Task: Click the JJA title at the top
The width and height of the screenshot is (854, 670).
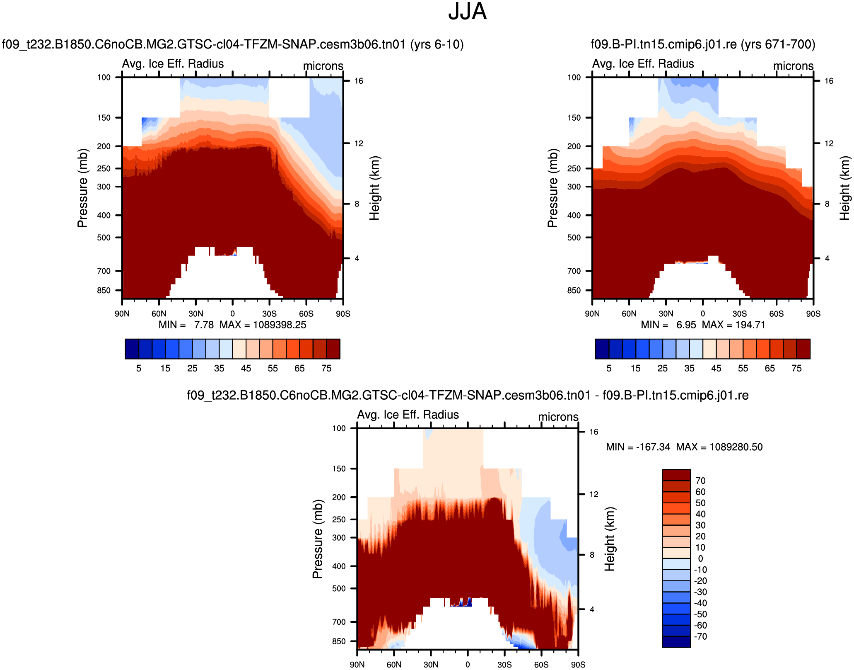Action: (467, 12)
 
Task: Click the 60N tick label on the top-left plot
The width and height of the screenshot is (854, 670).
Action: (159, 314)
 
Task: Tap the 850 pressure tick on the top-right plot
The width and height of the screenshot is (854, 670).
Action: (574, 291)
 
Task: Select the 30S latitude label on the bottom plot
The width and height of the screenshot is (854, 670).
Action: (504, 665)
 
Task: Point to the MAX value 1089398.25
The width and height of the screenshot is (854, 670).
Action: (280, 325)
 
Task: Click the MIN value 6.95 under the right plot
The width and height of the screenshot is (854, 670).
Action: (686, 325)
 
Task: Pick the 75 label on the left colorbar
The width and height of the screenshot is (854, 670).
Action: (326, 369)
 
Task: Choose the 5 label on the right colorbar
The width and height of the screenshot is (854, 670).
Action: (609, 369)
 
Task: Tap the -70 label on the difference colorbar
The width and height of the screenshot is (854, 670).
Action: (700, 636)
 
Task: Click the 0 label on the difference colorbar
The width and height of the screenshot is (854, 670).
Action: (700, 558)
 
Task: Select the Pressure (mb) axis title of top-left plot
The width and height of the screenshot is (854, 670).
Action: (82, 188)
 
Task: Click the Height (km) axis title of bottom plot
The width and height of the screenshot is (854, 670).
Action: (610, 539)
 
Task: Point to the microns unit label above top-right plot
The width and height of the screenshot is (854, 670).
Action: (793, 66)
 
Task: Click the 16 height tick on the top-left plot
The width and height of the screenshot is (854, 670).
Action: (359, 81)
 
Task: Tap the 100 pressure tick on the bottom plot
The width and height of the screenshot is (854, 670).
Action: (339, 428)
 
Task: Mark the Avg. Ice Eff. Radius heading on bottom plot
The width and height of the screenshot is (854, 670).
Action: (408, 415)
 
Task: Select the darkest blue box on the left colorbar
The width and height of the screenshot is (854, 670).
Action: (132, 349)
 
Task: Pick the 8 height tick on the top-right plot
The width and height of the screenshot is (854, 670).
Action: (827, 204)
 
